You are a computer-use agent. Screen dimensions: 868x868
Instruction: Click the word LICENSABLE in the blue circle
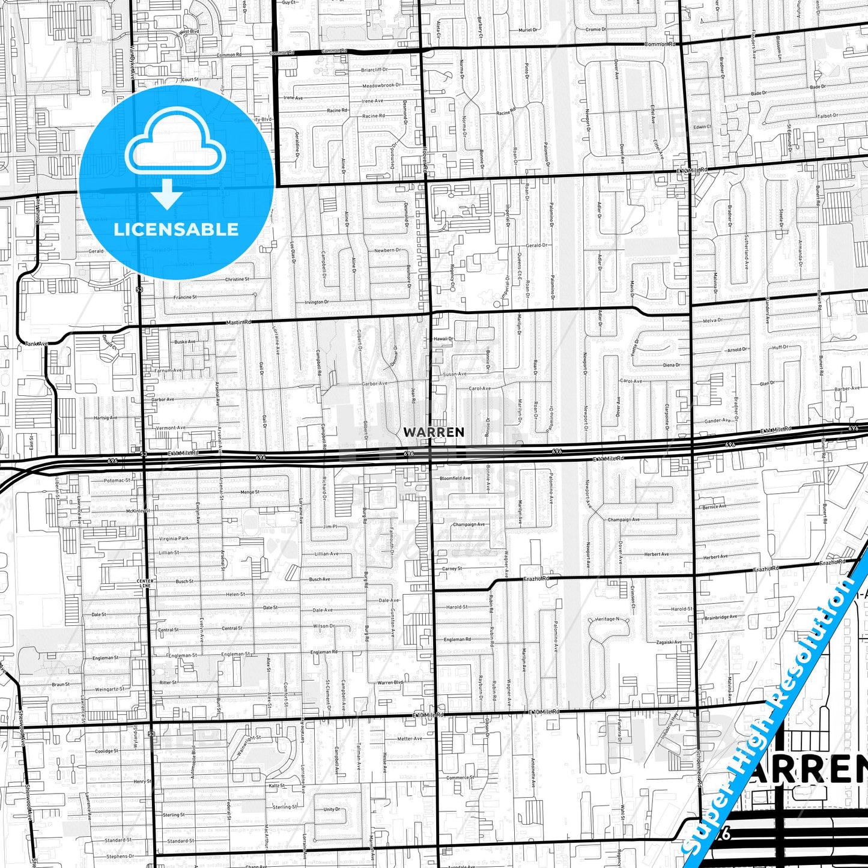coord(176,229)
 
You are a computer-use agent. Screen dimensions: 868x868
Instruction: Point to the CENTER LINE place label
coord(145,583)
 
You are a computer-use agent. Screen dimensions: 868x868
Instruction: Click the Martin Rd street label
coord(238,323)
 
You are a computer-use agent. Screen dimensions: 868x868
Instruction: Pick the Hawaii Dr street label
coord(443,339)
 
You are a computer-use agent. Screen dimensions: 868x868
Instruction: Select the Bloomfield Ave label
coord(455,478)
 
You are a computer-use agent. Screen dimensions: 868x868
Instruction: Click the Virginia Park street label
coord(174,538)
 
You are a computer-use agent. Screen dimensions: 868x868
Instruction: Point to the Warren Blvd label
coord(390,682)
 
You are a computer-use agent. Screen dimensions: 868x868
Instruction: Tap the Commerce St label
coord(460,777)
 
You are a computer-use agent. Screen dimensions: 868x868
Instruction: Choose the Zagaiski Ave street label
coord(669,642)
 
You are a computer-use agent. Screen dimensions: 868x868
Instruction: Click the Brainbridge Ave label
coord(720,618)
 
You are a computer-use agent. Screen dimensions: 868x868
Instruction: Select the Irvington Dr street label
coord(317,302)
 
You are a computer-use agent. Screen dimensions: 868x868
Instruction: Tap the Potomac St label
coord(117,481)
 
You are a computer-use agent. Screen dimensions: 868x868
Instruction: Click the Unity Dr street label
coord(332,809)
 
